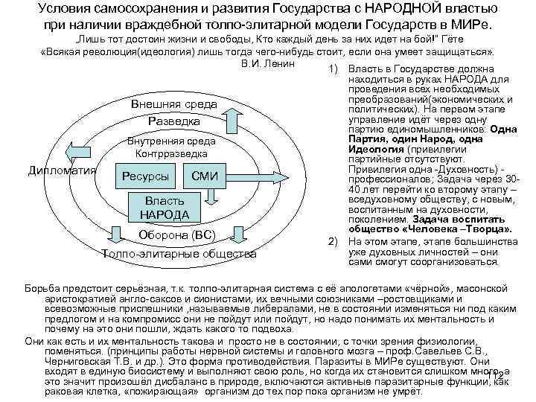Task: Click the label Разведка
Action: click(173, 121)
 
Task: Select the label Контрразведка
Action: click(172, 153)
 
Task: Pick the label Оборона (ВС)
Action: click(176, 236)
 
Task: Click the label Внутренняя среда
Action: click(172, 141)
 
